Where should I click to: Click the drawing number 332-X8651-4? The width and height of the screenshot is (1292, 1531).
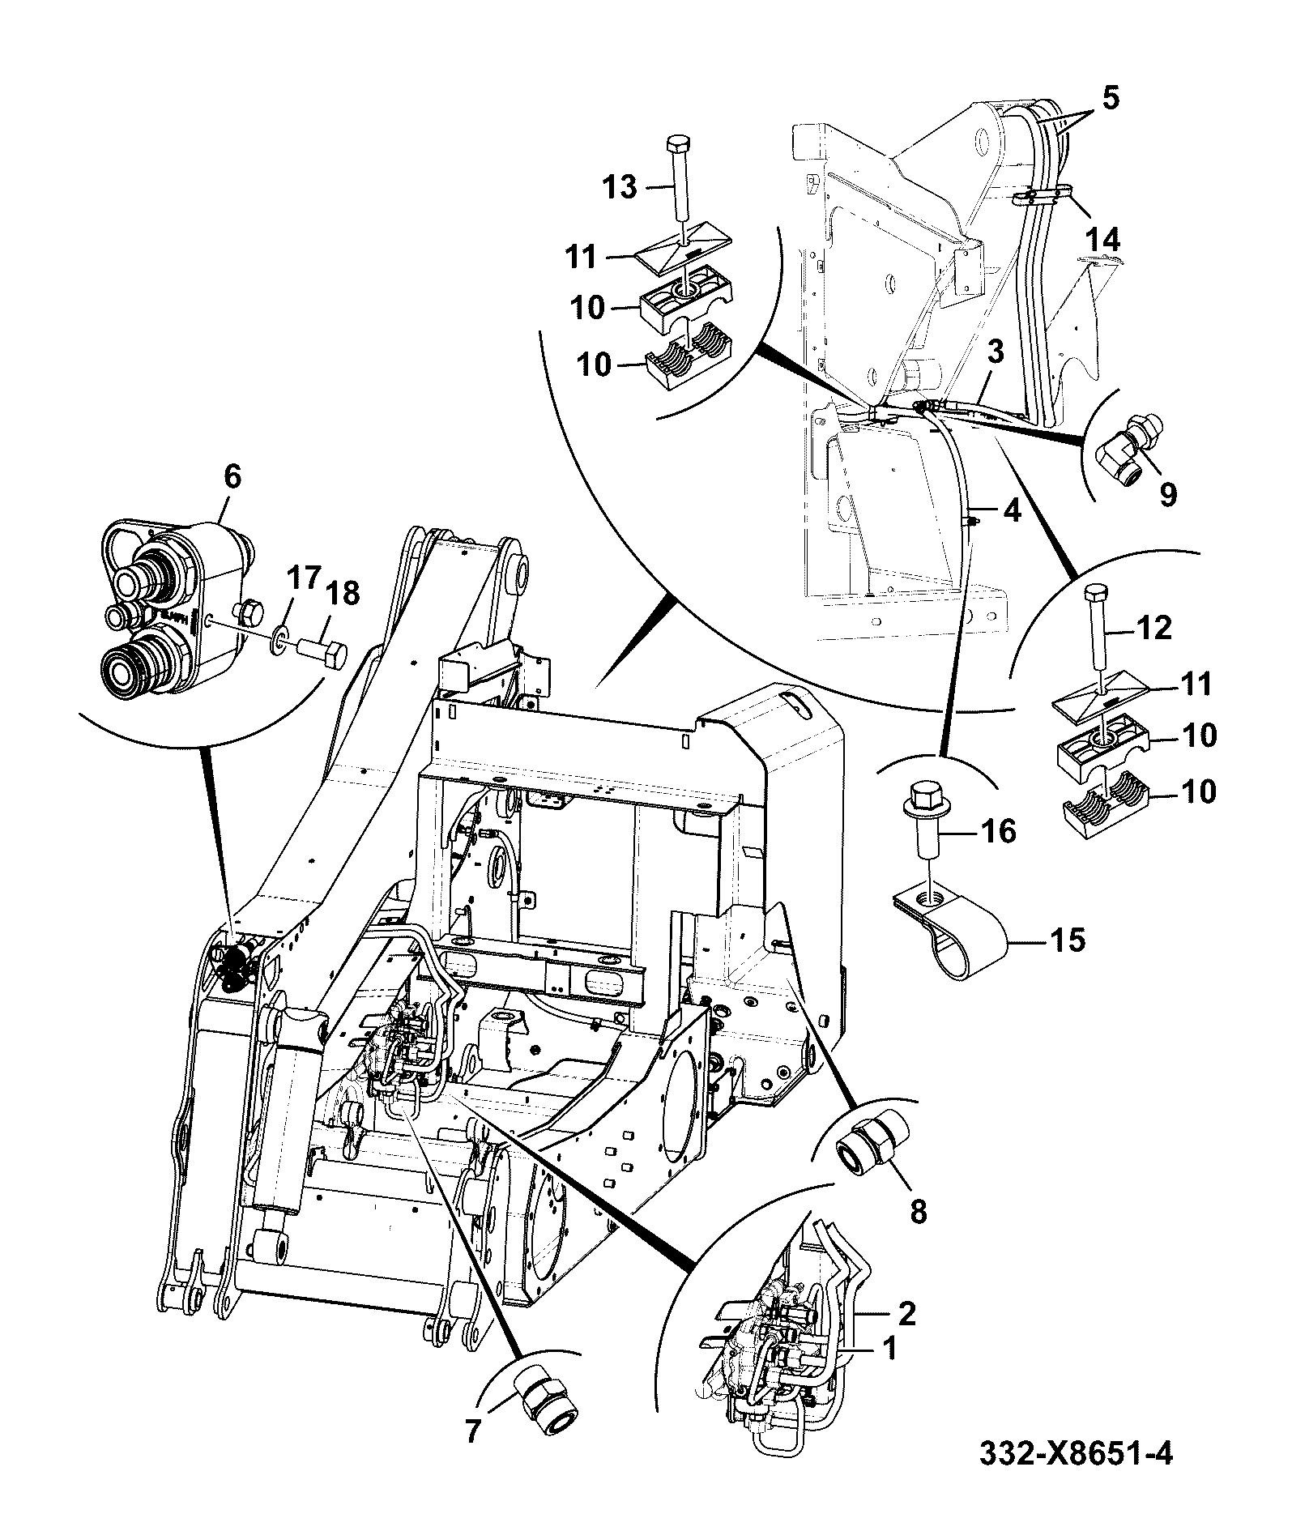1075,1476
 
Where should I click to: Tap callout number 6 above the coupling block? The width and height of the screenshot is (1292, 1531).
232,477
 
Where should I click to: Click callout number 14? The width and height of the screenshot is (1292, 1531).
1103,240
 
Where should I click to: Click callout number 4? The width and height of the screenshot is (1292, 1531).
1011,511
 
